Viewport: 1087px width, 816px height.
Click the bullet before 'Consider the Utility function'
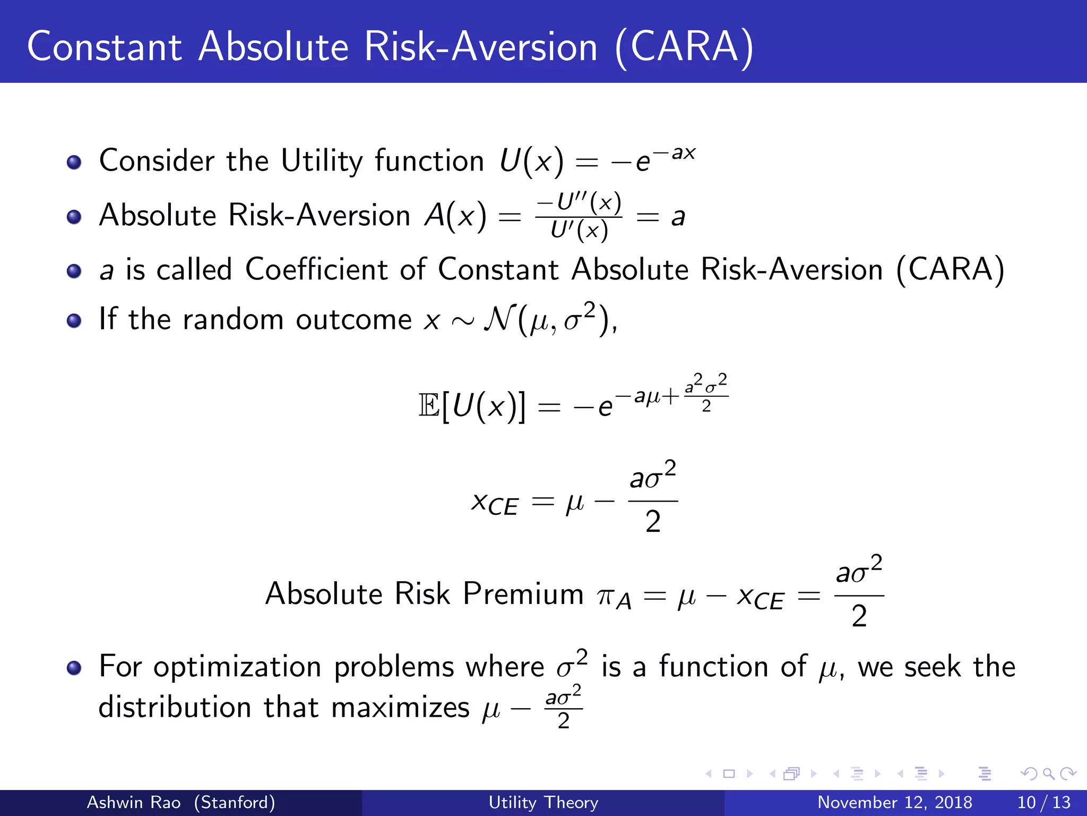pos(74,162)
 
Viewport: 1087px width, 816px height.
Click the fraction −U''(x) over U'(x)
pos(579,217)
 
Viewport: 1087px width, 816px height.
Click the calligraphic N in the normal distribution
pos(499,319)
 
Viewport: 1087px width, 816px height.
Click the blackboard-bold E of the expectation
pos(429,406)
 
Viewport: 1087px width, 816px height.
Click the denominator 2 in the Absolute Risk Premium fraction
pos(859,616)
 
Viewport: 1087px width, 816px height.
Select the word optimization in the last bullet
pos(237,667)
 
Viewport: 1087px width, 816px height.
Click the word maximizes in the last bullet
pos(400,708)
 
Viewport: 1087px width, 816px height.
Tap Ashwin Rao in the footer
pos(134,802)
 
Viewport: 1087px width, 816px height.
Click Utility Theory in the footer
pos(543,802)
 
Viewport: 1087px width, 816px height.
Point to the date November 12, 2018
pos(894,802)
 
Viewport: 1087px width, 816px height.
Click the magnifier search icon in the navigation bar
pos(1048,773)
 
